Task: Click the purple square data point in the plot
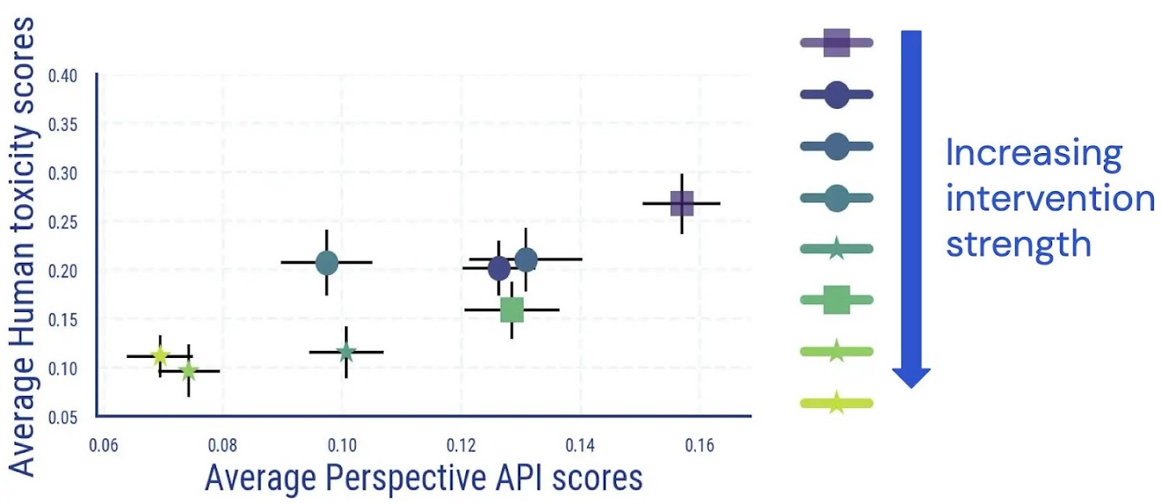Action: (x=682, y=203)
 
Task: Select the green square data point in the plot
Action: (x=512, y=309)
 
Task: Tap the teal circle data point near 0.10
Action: (x=327, y=262)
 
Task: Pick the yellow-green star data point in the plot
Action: (x=160, y=356)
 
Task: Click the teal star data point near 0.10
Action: (x=346, y=352)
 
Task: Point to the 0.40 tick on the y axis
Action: (x=62, y=77)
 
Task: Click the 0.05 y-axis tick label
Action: (x=62, y=417)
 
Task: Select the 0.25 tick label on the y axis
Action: (x=62, y=223)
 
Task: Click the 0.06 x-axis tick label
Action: (x=103, y=444)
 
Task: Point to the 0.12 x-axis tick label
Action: (x=460, y=444)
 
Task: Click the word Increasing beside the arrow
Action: (x=1033, y=153)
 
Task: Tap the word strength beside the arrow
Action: (x=1018, y=243)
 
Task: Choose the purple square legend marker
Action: (x=837, y=43)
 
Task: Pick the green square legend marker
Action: (x=837, y=300)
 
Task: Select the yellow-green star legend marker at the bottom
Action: (x=837, y=402)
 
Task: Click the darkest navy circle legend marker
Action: (x=837, y=94)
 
